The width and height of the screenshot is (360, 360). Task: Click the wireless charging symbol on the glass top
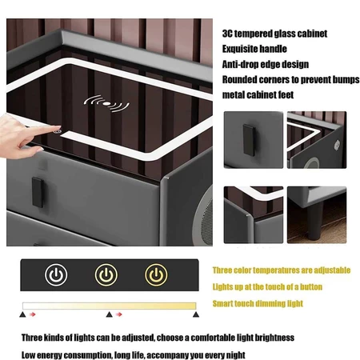point(106,104)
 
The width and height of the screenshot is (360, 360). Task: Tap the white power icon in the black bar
point(56,275)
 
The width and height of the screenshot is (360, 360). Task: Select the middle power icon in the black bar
point(106,275)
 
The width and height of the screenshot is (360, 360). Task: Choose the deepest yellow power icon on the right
point(156,275)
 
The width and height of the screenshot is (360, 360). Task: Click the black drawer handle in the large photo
point(38,192)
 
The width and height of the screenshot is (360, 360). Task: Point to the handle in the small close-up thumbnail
point(249,140)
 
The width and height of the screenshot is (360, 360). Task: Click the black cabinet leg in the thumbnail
point(316,221)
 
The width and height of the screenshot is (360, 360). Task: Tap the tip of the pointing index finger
point(60,128)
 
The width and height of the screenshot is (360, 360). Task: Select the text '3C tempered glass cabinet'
point(274,34)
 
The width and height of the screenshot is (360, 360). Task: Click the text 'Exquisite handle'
point(254,49)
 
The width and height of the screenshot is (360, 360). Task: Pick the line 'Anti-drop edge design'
point(266,64)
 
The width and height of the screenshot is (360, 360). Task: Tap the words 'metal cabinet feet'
point(258,94)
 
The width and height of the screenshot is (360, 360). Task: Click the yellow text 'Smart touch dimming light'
point(258,303)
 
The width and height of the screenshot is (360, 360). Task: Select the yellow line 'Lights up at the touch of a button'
point(267,287)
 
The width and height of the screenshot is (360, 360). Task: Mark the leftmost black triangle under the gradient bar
point(22,314)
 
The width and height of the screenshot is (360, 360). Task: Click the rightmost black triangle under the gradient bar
point(196,314)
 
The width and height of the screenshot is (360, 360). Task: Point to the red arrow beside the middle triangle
point(119,314)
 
